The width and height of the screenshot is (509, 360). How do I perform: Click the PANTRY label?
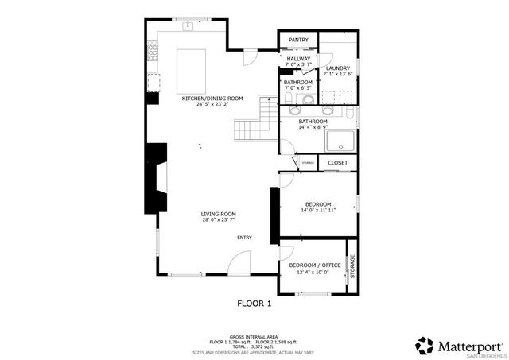pos(298,39)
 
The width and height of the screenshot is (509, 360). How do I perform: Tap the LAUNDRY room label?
pos(338,68)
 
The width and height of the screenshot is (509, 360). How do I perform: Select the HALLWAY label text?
pos(298,59)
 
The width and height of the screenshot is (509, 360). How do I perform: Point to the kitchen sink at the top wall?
pos(188,27)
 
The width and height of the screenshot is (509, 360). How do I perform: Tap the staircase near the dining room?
pos(254,126)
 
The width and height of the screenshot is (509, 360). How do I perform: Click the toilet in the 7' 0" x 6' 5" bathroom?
pos(286,99)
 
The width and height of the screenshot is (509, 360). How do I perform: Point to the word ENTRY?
pos(244,238)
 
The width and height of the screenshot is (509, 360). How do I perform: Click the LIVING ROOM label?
pos(218,214)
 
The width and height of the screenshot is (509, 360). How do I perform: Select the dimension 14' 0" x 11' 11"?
pos(318,211)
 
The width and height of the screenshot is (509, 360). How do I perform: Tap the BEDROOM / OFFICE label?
pos(315,265)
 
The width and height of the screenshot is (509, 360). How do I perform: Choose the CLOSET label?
pos(338,162)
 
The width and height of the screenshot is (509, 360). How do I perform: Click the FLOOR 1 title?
pos(254,303)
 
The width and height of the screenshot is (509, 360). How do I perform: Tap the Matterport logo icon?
pos(425,345)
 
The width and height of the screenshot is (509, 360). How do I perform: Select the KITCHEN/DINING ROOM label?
pos(212,98)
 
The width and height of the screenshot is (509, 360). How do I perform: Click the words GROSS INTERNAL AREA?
pos(254,336)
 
